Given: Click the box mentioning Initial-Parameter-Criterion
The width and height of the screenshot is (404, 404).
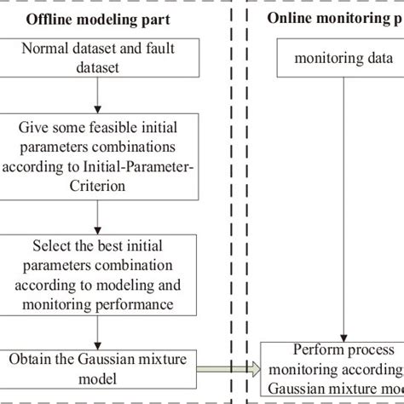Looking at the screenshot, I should coord(100,158).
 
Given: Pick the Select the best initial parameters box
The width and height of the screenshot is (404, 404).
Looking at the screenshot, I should coord(100,275).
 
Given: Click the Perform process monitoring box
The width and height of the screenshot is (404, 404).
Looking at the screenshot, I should coord(332,367).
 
